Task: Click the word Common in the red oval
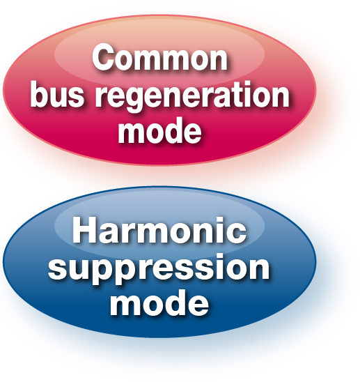pyautogui.click(x=160, y=56)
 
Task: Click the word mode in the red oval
pyautogui.click(x=159, y=130)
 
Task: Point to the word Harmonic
pyautogui.click(x=159, y=230)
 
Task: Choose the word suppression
pyautogui.click(x=159, y=268)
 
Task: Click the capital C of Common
pyautogui.click(x=104, y=57)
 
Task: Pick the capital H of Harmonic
pyautogui.click(x=84, y=230)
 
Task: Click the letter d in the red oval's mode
pyautogui.click(x=170, y=130)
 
